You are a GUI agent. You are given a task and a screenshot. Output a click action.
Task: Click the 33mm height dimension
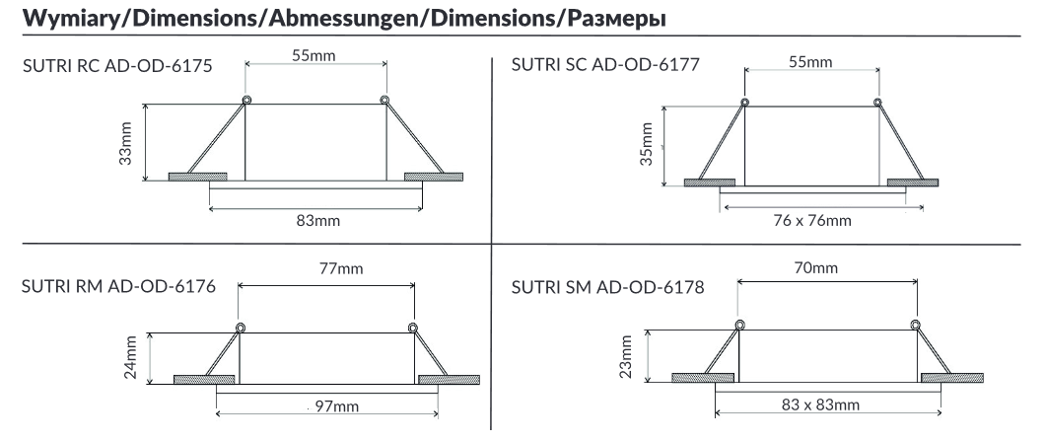126,143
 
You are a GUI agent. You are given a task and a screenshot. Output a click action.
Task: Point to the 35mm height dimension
646,146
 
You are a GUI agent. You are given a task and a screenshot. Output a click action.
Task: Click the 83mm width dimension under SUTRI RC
317,220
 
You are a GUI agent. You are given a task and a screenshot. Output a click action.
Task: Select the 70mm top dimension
817,267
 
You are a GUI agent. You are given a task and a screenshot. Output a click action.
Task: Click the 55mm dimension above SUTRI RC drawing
313,56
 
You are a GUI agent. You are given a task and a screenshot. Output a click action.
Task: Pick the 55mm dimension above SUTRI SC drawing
811,62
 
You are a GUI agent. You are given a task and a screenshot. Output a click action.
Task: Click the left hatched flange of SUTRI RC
197,177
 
